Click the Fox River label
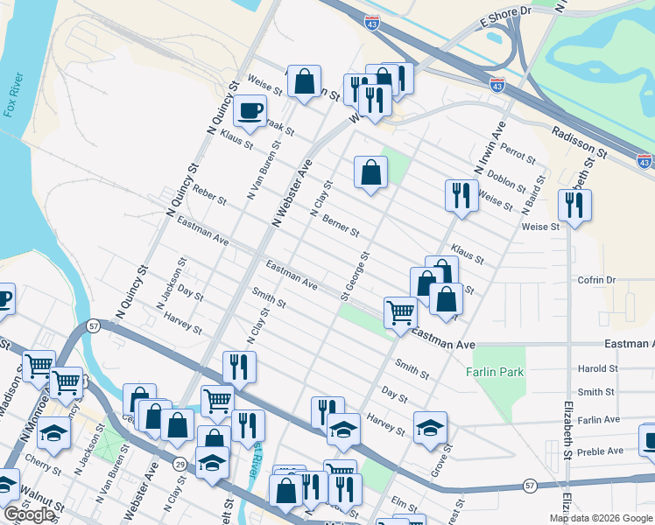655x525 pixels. click(12, 95)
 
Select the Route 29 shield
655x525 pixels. click(180, 462)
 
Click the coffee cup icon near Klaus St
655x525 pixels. click(250, 111)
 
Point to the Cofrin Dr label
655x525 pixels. click(597, 280)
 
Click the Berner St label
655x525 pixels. click(341, 226)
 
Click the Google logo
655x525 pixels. click(28, 514)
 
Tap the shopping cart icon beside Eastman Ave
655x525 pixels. click(400, 311)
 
